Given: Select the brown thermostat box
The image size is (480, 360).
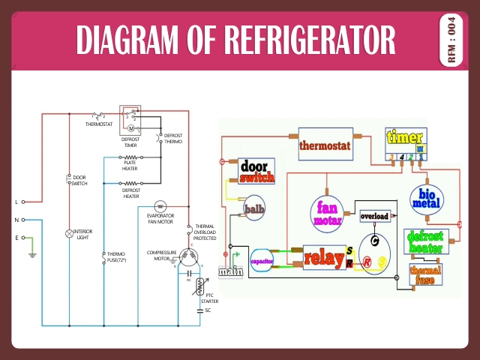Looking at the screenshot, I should click(325, 145).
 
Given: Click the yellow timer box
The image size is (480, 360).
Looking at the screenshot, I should click(405, 145).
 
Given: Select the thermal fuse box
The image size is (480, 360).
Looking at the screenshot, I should click(424, 275).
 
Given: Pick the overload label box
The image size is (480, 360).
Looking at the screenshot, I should click(374, 216).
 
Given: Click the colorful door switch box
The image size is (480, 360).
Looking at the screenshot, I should click(256, 172).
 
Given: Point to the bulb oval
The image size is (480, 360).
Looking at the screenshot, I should click(255, 206).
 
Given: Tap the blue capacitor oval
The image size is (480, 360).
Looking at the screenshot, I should click(262, 259).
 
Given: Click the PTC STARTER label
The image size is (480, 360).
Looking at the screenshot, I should click(209, 298).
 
